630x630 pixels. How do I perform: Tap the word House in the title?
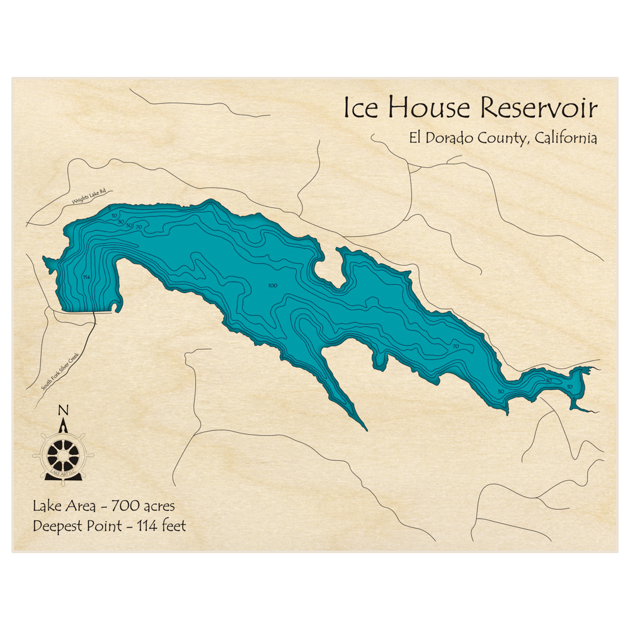coord(428,108)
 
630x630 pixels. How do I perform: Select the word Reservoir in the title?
coord(539,108)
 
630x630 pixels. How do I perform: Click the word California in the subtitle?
coord(565,139)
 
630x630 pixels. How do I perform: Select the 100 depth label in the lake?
coord(272,286)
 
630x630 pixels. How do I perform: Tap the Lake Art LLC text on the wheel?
coord(62,473)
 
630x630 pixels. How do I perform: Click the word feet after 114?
coord(173,525)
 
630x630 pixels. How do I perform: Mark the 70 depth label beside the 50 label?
coord(139,226)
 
